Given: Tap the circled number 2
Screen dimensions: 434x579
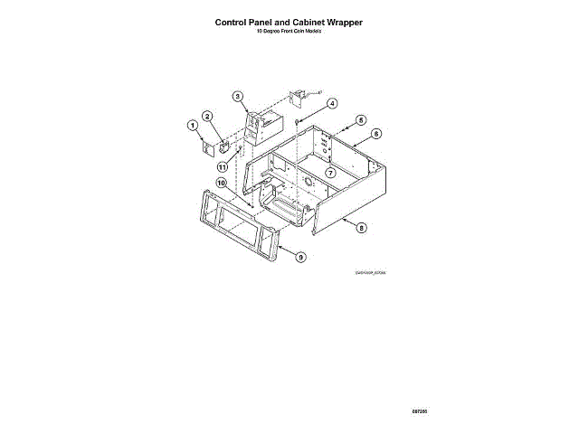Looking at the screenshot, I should [x=207, y=117].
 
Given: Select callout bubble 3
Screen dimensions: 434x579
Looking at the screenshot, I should [x=238, y=97].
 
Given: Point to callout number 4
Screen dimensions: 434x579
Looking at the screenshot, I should [x=332, y=104].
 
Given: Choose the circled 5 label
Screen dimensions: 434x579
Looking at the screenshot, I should [x=360, y=120].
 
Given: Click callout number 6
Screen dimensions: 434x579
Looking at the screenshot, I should [x=376, y=133].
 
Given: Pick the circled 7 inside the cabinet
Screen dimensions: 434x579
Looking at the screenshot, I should [x=331, y=173].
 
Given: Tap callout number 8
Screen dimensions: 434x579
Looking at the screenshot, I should [x=362, y=229].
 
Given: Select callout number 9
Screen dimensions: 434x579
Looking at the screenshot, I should [x=301, y=257].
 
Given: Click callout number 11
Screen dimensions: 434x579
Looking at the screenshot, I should [x=222, y=167].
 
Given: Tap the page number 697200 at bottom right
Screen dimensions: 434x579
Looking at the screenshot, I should [x=418, y=411].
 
